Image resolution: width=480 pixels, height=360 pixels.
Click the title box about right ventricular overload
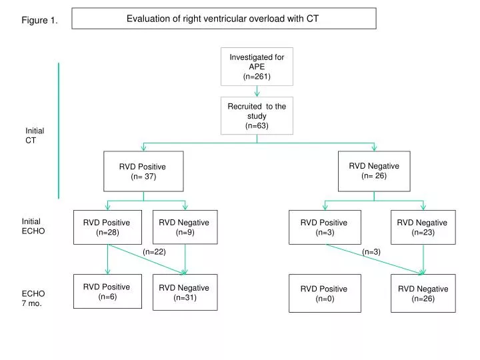click(223, 19)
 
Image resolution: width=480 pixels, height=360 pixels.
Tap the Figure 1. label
click(39, 21)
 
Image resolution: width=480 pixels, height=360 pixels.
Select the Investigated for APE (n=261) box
click(257, 67)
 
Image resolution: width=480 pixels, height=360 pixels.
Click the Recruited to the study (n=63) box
click(257, 115)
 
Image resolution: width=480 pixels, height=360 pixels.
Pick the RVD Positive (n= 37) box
click(143, 171)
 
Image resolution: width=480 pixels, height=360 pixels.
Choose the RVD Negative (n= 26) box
click(374, 171)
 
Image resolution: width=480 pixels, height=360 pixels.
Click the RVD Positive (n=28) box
click(107, 227)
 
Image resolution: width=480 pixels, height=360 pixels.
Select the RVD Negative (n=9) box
click(185, 227)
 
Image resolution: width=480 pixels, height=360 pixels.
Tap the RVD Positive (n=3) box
click(324, 227)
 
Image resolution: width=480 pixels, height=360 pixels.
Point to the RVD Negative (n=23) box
click(423, 227)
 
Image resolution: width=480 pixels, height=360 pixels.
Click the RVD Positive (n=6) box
click(107, 292)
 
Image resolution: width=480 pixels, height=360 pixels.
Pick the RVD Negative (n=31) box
click(185, 293)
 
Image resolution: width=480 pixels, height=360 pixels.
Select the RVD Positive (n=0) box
click(324, 293)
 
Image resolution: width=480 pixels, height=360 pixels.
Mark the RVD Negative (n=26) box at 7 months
click(423, 293)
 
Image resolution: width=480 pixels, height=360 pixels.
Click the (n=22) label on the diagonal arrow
click(154, 251)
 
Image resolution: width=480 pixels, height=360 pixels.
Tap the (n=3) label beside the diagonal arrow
click(371, 251)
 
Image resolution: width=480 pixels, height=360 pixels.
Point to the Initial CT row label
click(35, 136)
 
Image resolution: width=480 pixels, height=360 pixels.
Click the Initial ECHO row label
click(33, 226)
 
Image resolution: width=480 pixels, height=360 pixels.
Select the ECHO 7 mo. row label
click(33, 298)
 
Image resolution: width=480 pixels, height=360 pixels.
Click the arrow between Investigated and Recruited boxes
click(257, 91)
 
